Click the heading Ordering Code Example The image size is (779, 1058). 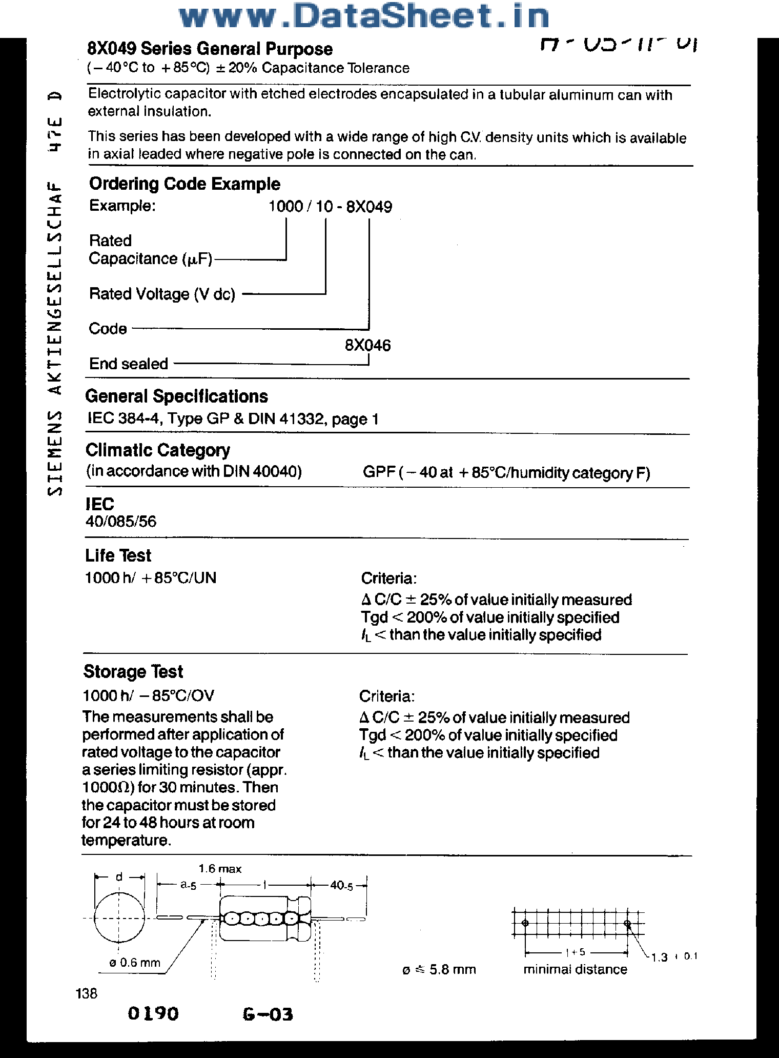pyautogui.click(x=184, y=184)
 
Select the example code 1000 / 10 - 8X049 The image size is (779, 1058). pyautogui.click(x=330, y=207)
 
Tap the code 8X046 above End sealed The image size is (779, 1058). pyautogui.click(x=367, y=345)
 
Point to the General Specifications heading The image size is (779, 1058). pyautogui.click(x=176, y=396)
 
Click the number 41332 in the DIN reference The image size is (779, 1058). pyautogui.click(x=303, y=419)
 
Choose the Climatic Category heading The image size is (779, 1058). pyautogui.click(x=158, y=450)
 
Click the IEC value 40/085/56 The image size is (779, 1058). pyautogui.click(x=120, y=522)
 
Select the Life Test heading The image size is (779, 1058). pyautogui.click(x=118, y=555)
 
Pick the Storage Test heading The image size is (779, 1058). pyautogui.click(x=133, y=672)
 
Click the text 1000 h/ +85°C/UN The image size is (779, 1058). pyautogui.click(x=150, y=578)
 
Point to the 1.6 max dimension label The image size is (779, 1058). pyautogui.click(x=220, y=869)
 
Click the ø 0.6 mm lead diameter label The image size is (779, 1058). pyautogui.click(x=134, y=963)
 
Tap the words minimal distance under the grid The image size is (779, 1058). pyautogui.click(x=575, y=969)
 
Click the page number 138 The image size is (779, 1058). pyautogui.click(x=86, y=994)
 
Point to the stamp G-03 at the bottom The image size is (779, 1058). pyautogui.click(x=268, y=1014)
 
